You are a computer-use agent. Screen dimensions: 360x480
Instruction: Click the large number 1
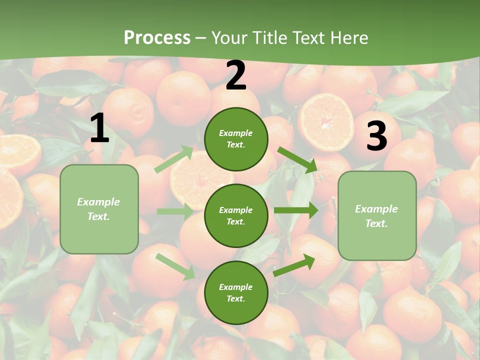coord(99,128)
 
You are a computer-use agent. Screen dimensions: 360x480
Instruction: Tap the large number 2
coord(236,75)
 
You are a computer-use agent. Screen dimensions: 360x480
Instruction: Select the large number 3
coord(376,136)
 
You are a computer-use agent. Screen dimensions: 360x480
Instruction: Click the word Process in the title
coord(157,37)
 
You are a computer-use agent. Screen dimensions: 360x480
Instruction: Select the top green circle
coord(236,139)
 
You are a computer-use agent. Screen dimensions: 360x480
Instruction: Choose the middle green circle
coord(236,215)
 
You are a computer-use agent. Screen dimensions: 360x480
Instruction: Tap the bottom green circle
coord(236,292)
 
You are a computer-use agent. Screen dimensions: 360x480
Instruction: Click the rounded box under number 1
coord(99,209)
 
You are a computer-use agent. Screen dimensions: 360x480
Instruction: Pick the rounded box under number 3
coord(377,215)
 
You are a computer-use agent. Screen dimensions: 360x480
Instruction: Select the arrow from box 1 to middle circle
coord(175,211)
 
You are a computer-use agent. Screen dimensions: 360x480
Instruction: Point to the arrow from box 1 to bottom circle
coord(175,266)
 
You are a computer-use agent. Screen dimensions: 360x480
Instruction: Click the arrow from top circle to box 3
coord(298,160)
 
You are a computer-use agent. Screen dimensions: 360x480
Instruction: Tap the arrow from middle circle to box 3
coord(296,210)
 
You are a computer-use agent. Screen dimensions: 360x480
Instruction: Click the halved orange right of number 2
coord(326,122)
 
